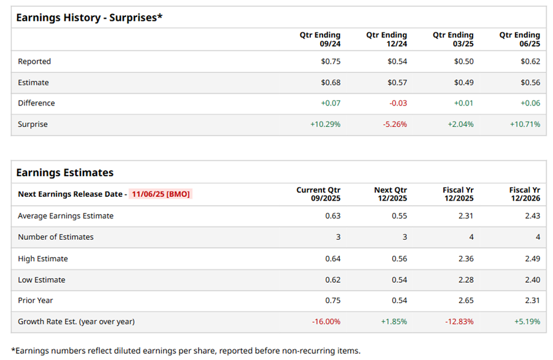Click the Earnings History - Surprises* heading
tap(89, 17)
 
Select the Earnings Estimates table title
tap(64, 172)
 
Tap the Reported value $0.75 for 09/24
tap(330, 61)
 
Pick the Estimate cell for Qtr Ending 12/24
tap(397, 82)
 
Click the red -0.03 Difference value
tap(398, 103)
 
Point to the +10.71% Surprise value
tap(525, 124)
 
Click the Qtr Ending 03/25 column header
tap(453, 40)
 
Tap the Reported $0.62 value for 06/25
tap(530, 61)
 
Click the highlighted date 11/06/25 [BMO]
tap(161, 194)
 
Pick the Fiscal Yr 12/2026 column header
tap(524, 194)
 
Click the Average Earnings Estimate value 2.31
tap(466, 216)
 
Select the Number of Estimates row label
tap(56, 237)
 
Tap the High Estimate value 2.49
tap(532, 259)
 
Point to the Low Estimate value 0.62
tap(333, 280)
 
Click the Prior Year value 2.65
tap(466, 301)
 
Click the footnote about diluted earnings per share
tap(186, 351)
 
